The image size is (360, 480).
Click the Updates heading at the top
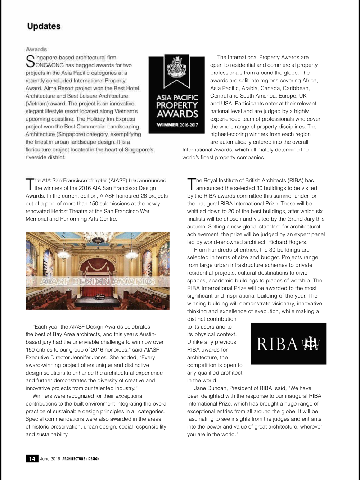(44, 26)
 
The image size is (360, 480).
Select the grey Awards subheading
(36, 49)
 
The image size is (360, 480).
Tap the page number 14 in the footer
(32, 459)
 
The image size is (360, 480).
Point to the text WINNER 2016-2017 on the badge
(177, 125)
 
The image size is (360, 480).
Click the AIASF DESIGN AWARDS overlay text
(98, 281)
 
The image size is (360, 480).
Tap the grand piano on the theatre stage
(100, 297)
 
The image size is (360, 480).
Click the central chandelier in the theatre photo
(98, 238)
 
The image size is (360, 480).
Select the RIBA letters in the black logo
(277, 344)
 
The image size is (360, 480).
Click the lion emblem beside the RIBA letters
(311, 344)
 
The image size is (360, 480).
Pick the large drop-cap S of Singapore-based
(30, 61)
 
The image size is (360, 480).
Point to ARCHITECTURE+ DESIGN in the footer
(81, 459)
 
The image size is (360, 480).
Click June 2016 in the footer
(50, 459)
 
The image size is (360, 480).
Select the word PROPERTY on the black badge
(177, 105)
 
